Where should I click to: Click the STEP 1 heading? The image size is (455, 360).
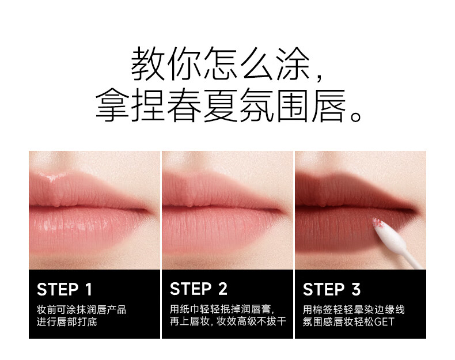click(65, 289)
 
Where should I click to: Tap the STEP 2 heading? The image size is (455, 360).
click(199, 289)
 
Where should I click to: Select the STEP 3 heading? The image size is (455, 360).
click(332, 289)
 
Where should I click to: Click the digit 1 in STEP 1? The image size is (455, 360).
click(89, 289)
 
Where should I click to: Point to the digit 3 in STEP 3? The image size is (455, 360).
click(356, 289)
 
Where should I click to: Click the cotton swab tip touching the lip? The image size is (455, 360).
click(377, 223)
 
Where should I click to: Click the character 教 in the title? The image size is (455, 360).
click(148, 64)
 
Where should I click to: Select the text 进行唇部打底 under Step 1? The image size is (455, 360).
click(67, 322)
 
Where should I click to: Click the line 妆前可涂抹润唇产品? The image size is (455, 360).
click(82, 309)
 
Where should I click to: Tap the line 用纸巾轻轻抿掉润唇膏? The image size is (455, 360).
click(220, 309)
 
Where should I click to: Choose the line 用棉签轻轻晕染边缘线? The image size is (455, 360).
click(354, 309)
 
